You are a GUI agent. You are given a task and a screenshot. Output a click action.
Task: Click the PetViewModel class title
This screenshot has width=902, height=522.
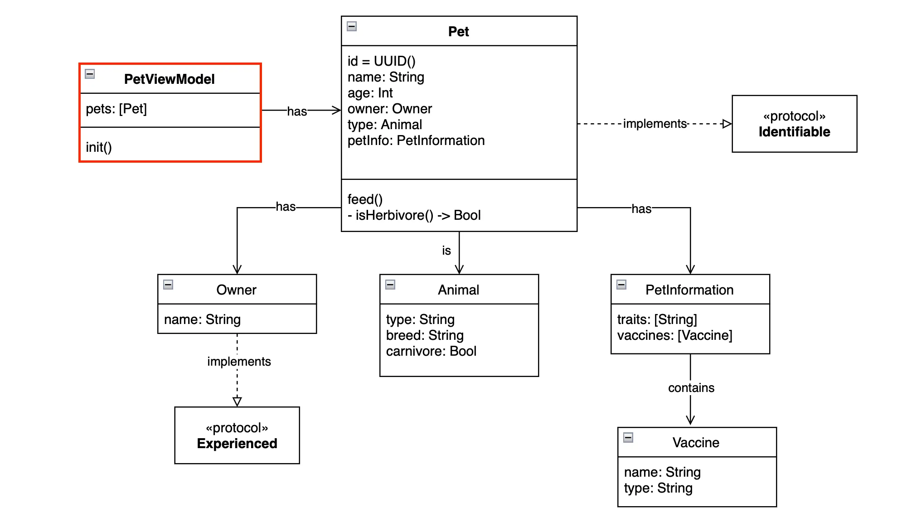[169, 79]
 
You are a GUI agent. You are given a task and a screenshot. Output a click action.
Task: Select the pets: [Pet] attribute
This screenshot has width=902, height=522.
[116, 109]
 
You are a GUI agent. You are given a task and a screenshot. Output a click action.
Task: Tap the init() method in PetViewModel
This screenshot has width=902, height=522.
[99, 147]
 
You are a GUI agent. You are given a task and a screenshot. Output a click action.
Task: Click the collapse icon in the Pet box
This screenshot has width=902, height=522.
[352, 26]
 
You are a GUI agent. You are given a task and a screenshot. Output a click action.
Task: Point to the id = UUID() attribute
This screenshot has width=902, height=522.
[381, 61]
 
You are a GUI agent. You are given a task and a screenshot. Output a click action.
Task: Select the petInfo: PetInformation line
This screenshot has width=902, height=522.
[416, 140]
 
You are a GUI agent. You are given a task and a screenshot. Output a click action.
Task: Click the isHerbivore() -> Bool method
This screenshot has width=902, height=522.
[414, 215]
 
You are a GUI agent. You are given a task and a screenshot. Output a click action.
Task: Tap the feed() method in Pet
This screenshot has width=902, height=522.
[365, 199]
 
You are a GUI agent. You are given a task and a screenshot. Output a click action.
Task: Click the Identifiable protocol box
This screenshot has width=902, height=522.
[794, 124]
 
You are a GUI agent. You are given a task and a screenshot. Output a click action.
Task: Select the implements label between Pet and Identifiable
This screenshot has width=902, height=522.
[655, 124]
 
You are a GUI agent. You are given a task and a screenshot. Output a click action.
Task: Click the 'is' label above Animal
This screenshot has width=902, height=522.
[446, 251]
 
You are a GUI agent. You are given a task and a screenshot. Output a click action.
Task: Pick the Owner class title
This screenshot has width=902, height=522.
[236, 290]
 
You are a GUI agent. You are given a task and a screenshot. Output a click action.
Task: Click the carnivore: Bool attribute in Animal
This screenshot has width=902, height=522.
[431, 351]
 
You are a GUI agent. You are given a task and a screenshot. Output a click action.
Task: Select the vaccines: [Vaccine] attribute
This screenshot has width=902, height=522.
[674, 335]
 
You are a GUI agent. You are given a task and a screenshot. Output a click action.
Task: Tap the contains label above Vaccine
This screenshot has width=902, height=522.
[691, 388]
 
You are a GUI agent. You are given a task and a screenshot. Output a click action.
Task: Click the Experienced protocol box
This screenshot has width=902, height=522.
[237, 435]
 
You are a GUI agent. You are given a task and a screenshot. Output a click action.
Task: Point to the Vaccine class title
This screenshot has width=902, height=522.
[696, 443]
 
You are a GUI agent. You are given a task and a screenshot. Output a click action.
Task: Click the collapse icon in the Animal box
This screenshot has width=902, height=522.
[390, 285]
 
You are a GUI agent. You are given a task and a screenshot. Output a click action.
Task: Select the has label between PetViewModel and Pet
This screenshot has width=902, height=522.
[297, 111]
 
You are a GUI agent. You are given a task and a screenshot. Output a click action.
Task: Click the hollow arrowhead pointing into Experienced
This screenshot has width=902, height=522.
[237, 401]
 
